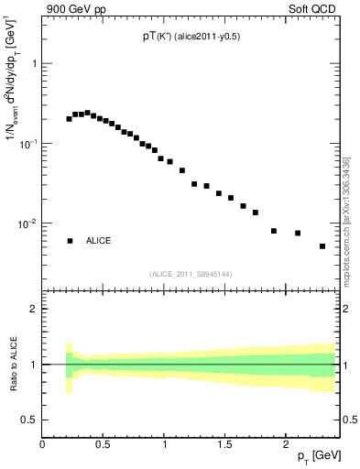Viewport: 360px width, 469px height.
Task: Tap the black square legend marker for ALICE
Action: [x=70, y=241]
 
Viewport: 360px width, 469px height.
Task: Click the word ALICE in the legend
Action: [x=99, y=241]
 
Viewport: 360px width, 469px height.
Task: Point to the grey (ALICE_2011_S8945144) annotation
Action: [x=191, y=273]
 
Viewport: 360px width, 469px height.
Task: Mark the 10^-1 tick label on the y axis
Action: [x=28, y=145]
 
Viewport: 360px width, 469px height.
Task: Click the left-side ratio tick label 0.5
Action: [x=30, y=420]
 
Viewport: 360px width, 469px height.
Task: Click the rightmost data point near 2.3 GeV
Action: [x=322, y=246]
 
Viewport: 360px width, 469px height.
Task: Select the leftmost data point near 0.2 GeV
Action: [x=69, y=119]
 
